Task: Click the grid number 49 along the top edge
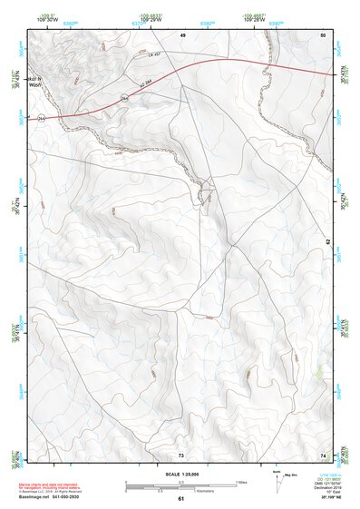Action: [x=182, y=34]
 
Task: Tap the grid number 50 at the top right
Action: [x=322, y=34]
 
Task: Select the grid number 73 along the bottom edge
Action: [x=180, y=453]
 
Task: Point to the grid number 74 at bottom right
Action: [x=322, y=453]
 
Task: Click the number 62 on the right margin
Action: [x=327, y=241]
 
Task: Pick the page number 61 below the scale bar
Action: [x=180, y=499]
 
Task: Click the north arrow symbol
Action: [x=277, y=481]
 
